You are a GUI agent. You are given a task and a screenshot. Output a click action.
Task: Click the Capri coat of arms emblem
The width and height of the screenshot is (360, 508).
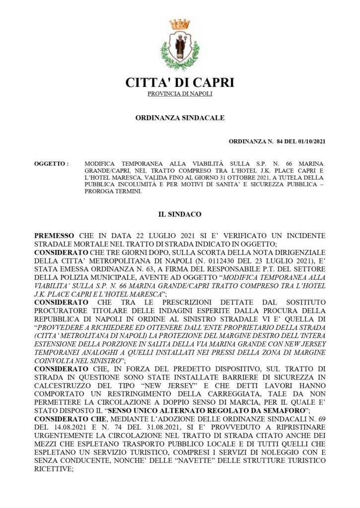tap(180, 45)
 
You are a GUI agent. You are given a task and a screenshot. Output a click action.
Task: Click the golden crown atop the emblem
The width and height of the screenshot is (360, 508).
tap(180, 24)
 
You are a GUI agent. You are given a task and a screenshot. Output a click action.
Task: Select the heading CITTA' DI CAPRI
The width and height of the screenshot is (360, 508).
tap(180, 82)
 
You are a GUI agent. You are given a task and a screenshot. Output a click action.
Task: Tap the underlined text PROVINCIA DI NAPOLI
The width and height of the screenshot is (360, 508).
tap(180, 94)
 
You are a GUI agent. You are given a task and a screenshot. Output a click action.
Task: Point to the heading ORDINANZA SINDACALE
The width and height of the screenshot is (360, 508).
tap(180, 118)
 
